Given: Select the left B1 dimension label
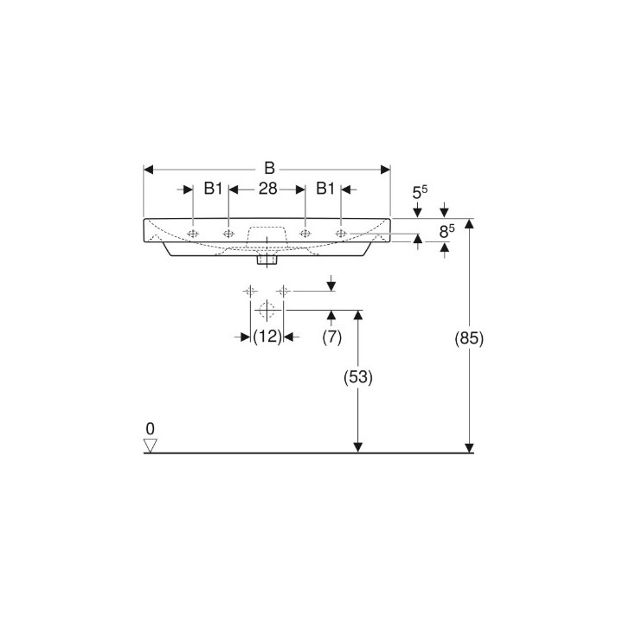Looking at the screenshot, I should pyautogui.click(x=214, y=189).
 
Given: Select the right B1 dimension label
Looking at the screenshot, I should pyautogui.click(x=326, y=189).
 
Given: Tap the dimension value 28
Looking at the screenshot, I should pyautogui.click(x=267, y=189).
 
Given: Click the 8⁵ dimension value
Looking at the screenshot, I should pyautogui.click(x=446, y=231).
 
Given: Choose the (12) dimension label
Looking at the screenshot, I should pyautogui.click(x=267, y=337).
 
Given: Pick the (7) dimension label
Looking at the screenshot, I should pyautogui.click(x=331, y=337).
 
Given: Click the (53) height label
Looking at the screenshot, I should pyautogui.click(x=358, y=378).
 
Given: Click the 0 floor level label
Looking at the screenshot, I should pyautogui.click(x=150, y=428).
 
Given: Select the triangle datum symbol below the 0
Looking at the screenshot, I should pyautogui.click(x=151, y=446).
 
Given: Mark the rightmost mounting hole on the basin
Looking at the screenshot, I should pyautogui.click(x=342, y=233).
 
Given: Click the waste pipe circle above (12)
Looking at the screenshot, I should pyautogui.click(x=267, y=310).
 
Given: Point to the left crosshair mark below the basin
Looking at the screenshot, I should pyautogui.click(x=250, y=290).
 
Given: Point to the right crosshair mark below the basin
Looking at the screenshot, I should pyautogui.click(x=281, y=290).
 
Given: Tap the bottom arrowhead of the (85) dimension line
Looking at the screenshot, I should pyautogui.click(x=469, y=446).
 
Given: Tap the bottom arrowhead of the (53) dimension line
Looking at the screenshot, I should pyautogui.click(x=357, y=446).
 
